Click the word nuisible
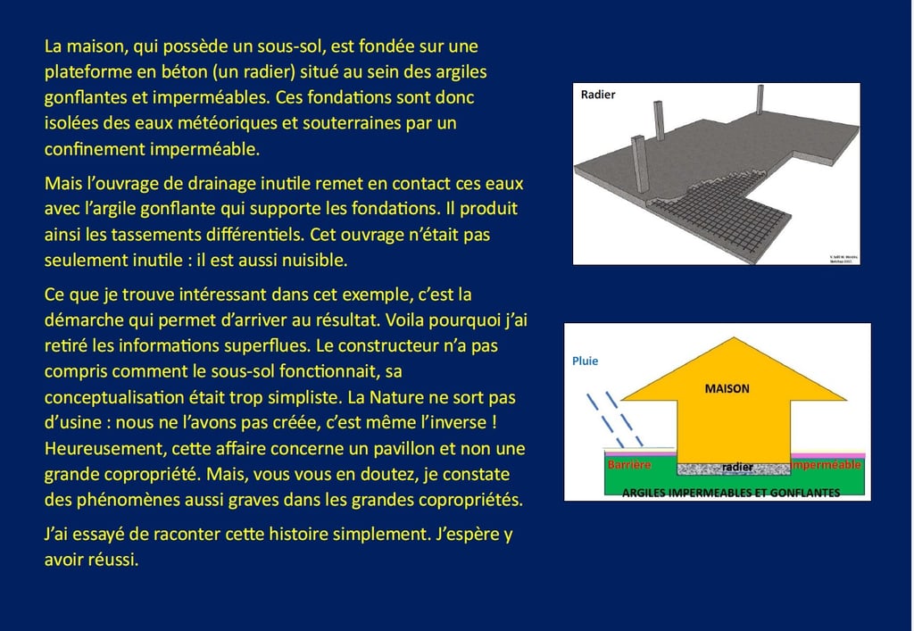316,261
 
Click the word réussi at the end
113,561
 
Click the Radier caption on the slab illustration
598,95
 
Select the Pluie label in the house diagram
586,361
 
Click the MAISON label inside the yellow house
727,389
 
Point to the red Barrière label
629,466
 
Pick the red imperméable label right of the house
827,466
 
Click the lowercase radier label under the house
737,467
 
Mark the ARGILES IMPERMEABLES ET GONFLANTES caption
730,493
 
